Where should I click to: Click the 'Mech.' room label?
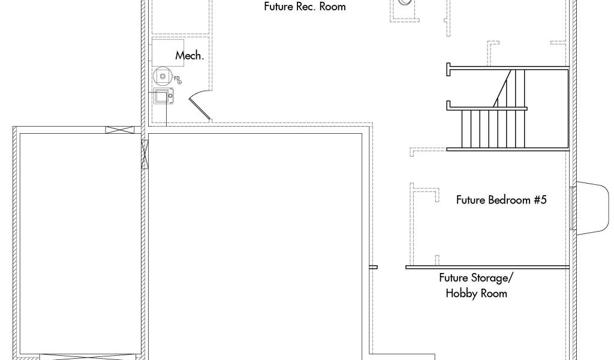[x=189, y=56]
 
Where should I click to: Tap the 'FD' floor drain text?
[x=177, y=79]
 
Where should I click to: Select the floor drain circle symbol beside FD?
[x=180, y=82]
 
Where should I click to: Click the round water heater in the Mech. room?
[x=162, y=76]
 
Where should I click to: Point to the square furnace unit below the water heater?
[x=163, y=96]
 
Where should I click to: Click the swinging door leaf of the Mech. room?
[x=200, y=109]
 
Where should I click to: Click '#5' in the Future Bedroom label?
[x=540, y=200]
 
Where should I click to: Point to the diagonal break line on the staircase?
[x=502, y=88]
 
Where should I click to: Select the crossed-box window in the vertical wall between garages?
[x=145, y=154]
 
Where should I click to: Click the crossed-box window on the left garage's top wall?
[x=120, y=130]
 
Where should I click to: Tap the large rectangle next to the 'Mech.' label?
[x=168, y=52]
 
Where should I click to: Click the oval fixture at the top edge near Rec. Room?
[x=405, y=2]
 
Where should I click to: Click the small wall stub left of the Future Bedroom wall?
[x=374, y=268]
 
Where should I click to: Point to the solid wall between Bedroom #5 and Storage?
[x=487, y=268]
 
